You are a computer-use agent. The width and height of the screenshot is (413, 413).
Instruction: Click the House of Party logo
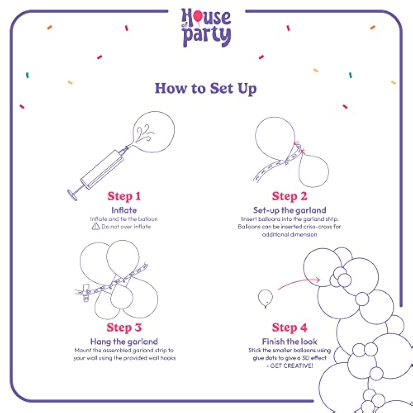206,28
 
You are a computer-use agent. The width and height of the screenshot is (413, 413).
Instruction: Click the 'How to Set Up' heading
206,89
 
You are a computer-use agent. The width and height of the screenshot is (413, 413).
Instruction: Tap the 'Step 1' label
124,196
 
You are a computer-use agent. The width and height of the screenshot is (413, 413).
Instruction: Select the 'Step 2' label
290,196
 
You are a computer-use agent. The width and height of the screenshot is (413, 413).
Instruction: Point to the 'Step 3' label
124,328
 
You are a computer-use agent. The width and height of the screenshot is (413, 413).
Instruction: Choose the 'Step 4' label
290,328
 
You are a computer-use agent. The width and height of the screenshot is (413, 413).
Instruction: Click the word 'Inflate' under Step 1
124,210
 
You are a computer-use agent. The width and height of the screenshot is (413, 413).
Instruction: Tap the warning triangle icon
96,226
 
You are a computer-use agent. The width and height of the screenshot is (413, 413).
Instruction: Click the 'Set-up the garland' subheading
290,211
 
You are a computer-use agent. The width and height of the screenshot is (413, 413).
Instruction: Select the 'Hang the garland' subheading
124,342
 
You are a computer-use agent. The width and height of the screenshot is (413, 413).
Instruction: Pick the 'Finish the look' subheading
290,342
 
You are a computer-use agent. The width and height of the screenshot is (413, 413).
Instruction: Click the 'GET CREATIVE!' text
292,366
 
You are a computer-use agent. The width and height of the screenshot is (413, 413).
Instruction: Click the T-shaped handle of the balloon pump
72,195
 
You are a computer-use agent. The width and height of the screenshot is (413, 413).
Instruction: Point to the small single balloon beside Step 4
265,298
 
